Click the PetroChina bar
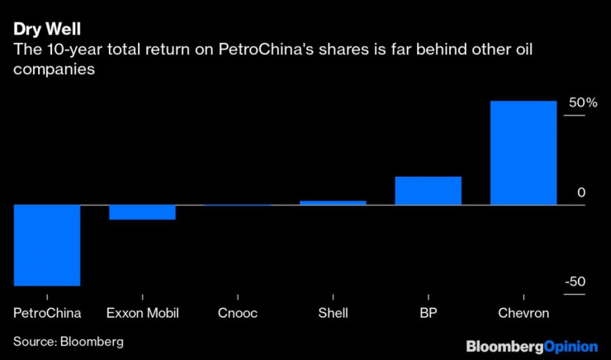click(47, 245)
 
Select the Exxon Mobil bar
click(142, 212)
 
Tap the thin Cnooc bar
click(237, 205)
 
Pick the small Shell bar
click(333, 202)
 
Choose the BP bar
click(428, 191)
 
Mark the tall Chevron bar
click(523, 153)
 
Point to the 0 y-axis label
click(581, 192)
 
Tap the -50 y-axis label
click(575, 282)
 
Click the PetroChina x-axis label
click(47, 313)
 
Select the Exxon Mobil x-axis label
click(143, 313)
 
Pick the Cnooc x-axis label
click(238, 313)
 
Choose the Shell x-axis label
click(333, 313)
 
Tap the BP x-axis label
click(428, 313)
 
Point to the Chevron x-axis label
click(523, 313)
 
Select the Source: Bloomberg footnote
click(68, 340)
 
